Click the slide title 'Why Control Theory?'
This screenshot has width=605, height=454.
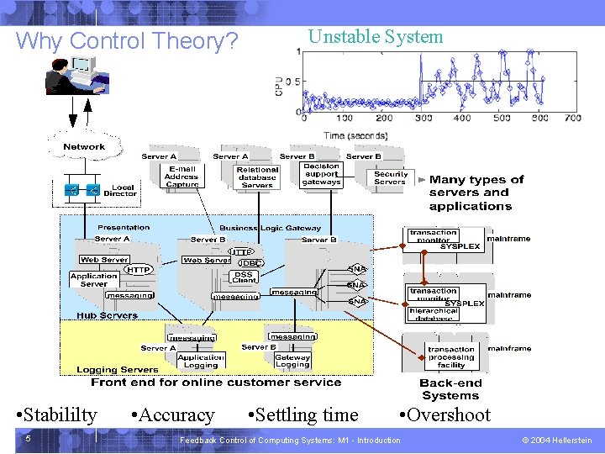pos(127,40)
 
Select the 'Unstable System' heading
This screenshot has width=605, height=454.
pos(376,36)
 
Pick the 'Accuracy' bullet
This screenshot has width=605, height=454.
pos(173,414)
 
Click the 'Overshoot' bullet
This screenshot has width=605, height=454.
pos(445,414)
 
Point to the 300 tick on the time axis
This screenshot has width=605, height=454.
pos(423,118)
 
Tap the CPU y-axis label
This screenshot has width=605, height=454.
pos(278,84)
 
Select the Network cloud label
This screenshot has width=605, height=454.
pos(84,147)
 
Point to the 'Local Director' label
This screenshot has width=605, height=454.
pos(120,191)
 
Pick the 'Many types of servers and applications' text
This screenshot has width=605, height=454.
pos(476,193)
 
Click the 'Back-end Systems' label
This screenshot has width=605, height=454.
pos(450,389)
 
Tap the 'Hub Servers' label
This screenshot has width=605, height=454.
pos(107,315)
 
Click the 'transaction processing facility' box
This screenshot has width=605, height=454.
pos(450,357)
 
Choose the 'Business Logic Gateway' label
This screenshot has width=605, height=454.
pos(270,228)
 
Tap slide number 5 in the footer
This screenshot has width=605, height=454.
pos(28,439)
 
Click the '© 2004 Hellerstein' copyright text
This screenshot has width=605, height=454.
pos(556,440)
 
